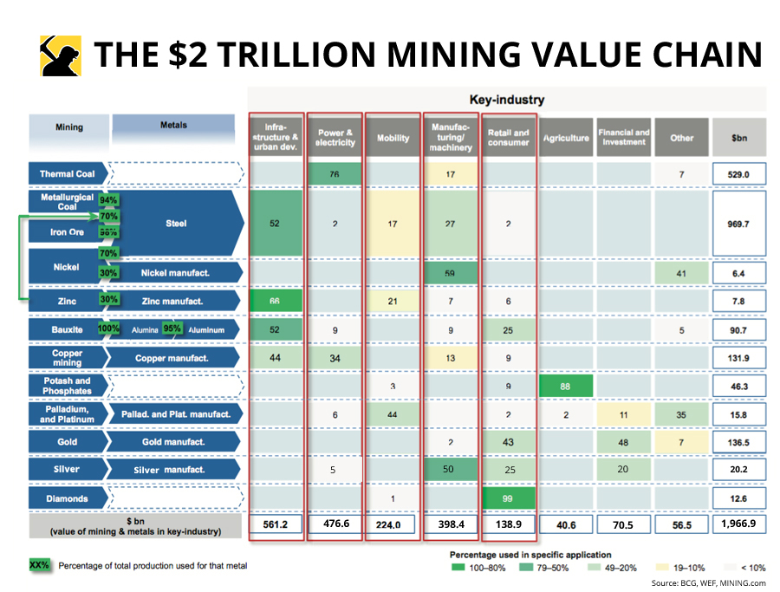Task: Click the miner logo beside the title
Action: coord(61,55)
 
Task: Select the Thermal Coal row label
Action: coord(68,174)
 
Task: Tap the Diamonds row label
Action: coord(68,498)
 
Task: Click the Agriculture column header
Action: coord(565,138)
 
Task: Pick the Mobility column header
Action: coord(393,138)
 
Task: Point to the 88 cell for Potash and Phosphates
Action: coord(565,385)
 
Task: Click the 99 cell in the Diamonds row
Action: coord(509,498)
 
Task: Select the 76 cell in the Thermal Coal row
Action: coord(335,174)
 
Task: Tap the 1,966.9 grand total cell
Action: coord(738,524)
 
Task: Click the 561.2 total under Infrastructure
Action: coord(276,524)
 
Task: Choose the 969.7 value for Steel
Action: coord(738,224)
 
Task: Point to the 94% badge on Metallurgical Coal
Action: coord(108,200)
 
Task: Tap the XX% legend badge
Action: coord(40,565)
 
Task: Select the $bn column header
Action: coord(738,138)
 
